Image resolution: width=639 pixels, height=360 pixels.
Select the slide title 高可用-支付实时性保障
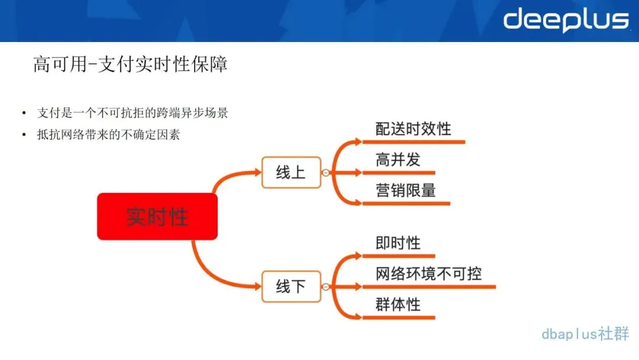pos(130,64)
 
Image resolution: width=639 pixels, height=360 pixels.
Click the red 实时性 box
pos(157,216)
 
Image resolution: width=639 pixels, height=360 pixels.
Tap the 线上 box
pos(291,172)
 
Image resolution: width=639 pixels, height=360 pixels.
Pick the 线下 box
pos(291,287)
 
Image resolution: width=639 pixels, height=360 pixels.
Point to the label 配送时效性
pos(413,128)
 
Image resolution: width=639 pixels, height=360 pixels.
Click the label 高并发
pos(398,159)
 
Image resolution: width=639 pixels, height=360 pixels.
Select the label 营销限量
pos(405,190)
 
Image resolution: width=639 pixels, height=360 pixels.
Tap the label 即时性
pos(398,243)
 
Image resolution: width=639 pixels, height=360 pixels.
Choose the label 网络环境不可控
pos(428,274)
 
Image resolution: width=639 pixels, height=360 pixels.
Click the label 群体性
pos(398,304)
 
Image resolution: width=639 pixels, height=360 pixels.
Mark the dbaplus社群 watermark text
pos(585,334)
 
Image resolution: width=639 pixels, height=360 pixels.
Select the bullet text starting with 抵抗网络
pos(108,134)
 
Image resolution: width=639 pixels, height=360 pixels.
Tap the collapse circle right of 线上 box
pos(325,173)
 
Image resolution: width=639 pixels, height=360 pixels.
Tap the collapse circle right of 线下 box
pos(325,287)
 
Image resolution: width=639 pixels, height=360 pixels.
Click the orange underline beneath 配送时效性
pos(413,142)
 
